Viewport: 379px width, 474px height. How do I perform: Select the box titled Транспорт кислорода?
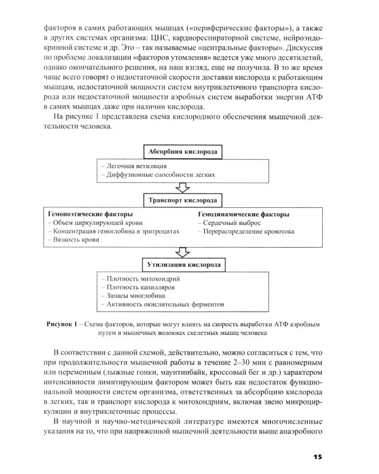coord(183,201)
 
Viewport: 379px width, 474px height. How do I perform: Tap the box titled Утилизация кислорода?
coord(183,261)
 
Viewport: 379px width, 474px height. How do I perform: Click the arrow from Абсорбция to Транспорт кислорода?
coord(183,188)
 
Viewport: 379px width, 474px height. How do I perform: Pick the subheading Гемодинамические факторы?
coord(243,214)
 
